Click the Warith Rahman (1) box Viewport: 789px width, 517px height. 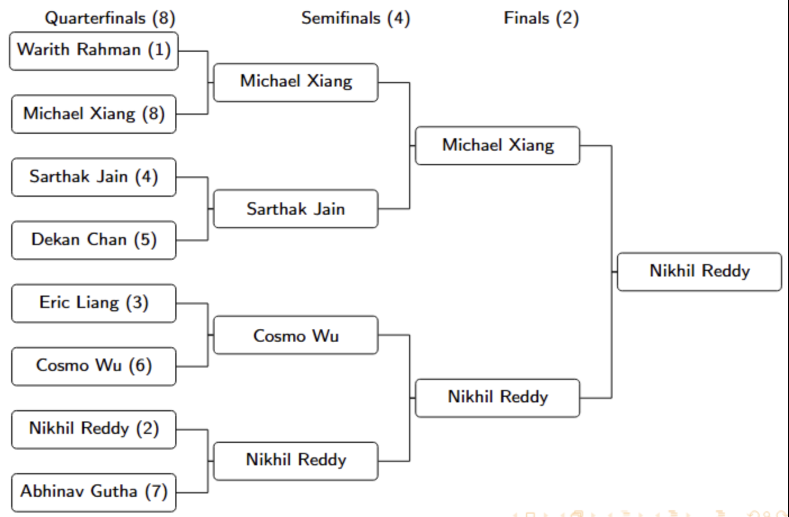pos(94,51)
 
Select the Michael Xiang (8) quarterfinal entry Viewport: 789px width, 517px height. pos(94,114)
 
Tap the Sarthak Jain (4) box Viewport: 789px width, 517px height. pos(94,177)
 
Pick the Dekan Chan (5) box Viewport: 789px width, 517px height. pos(94,240)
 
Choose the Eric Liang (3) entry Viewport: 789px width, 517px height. pos(94,303)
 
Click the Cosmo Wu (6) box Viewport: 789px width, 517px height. pos(94,366)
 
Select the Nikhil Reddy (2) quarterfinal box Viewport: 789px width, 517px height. pos(94,429)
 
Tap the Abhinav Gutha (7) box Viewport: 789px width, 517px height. pos(94,492)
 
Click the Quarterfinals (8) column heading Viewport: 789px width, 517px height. pos(110,18)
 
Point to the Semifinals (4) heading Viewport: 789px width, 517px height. pos(355,18)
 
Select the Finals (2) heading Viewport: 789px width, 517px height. pos(541,18)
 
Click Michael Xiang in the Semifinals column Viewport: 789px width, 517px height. pos(296,82)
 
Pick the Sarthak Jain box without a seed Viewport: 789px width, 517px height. pos(296,209)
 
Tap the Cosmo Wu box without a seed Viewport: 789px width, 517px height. pos(296,335)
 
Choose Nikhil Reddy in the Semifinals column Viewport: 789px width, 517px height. pos(296,460)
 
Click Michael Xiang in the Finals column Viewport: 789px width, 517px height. pos(497,146)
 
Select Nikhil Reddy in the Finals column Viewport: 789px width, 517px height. pos(497,397)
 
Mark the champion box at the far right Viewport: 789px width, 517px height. pos(699,271)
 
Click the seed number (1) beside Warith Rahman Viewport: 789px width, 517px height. pos(159,50)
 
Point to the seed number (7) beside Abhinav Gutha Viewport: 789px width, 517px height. pos(156,492)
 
